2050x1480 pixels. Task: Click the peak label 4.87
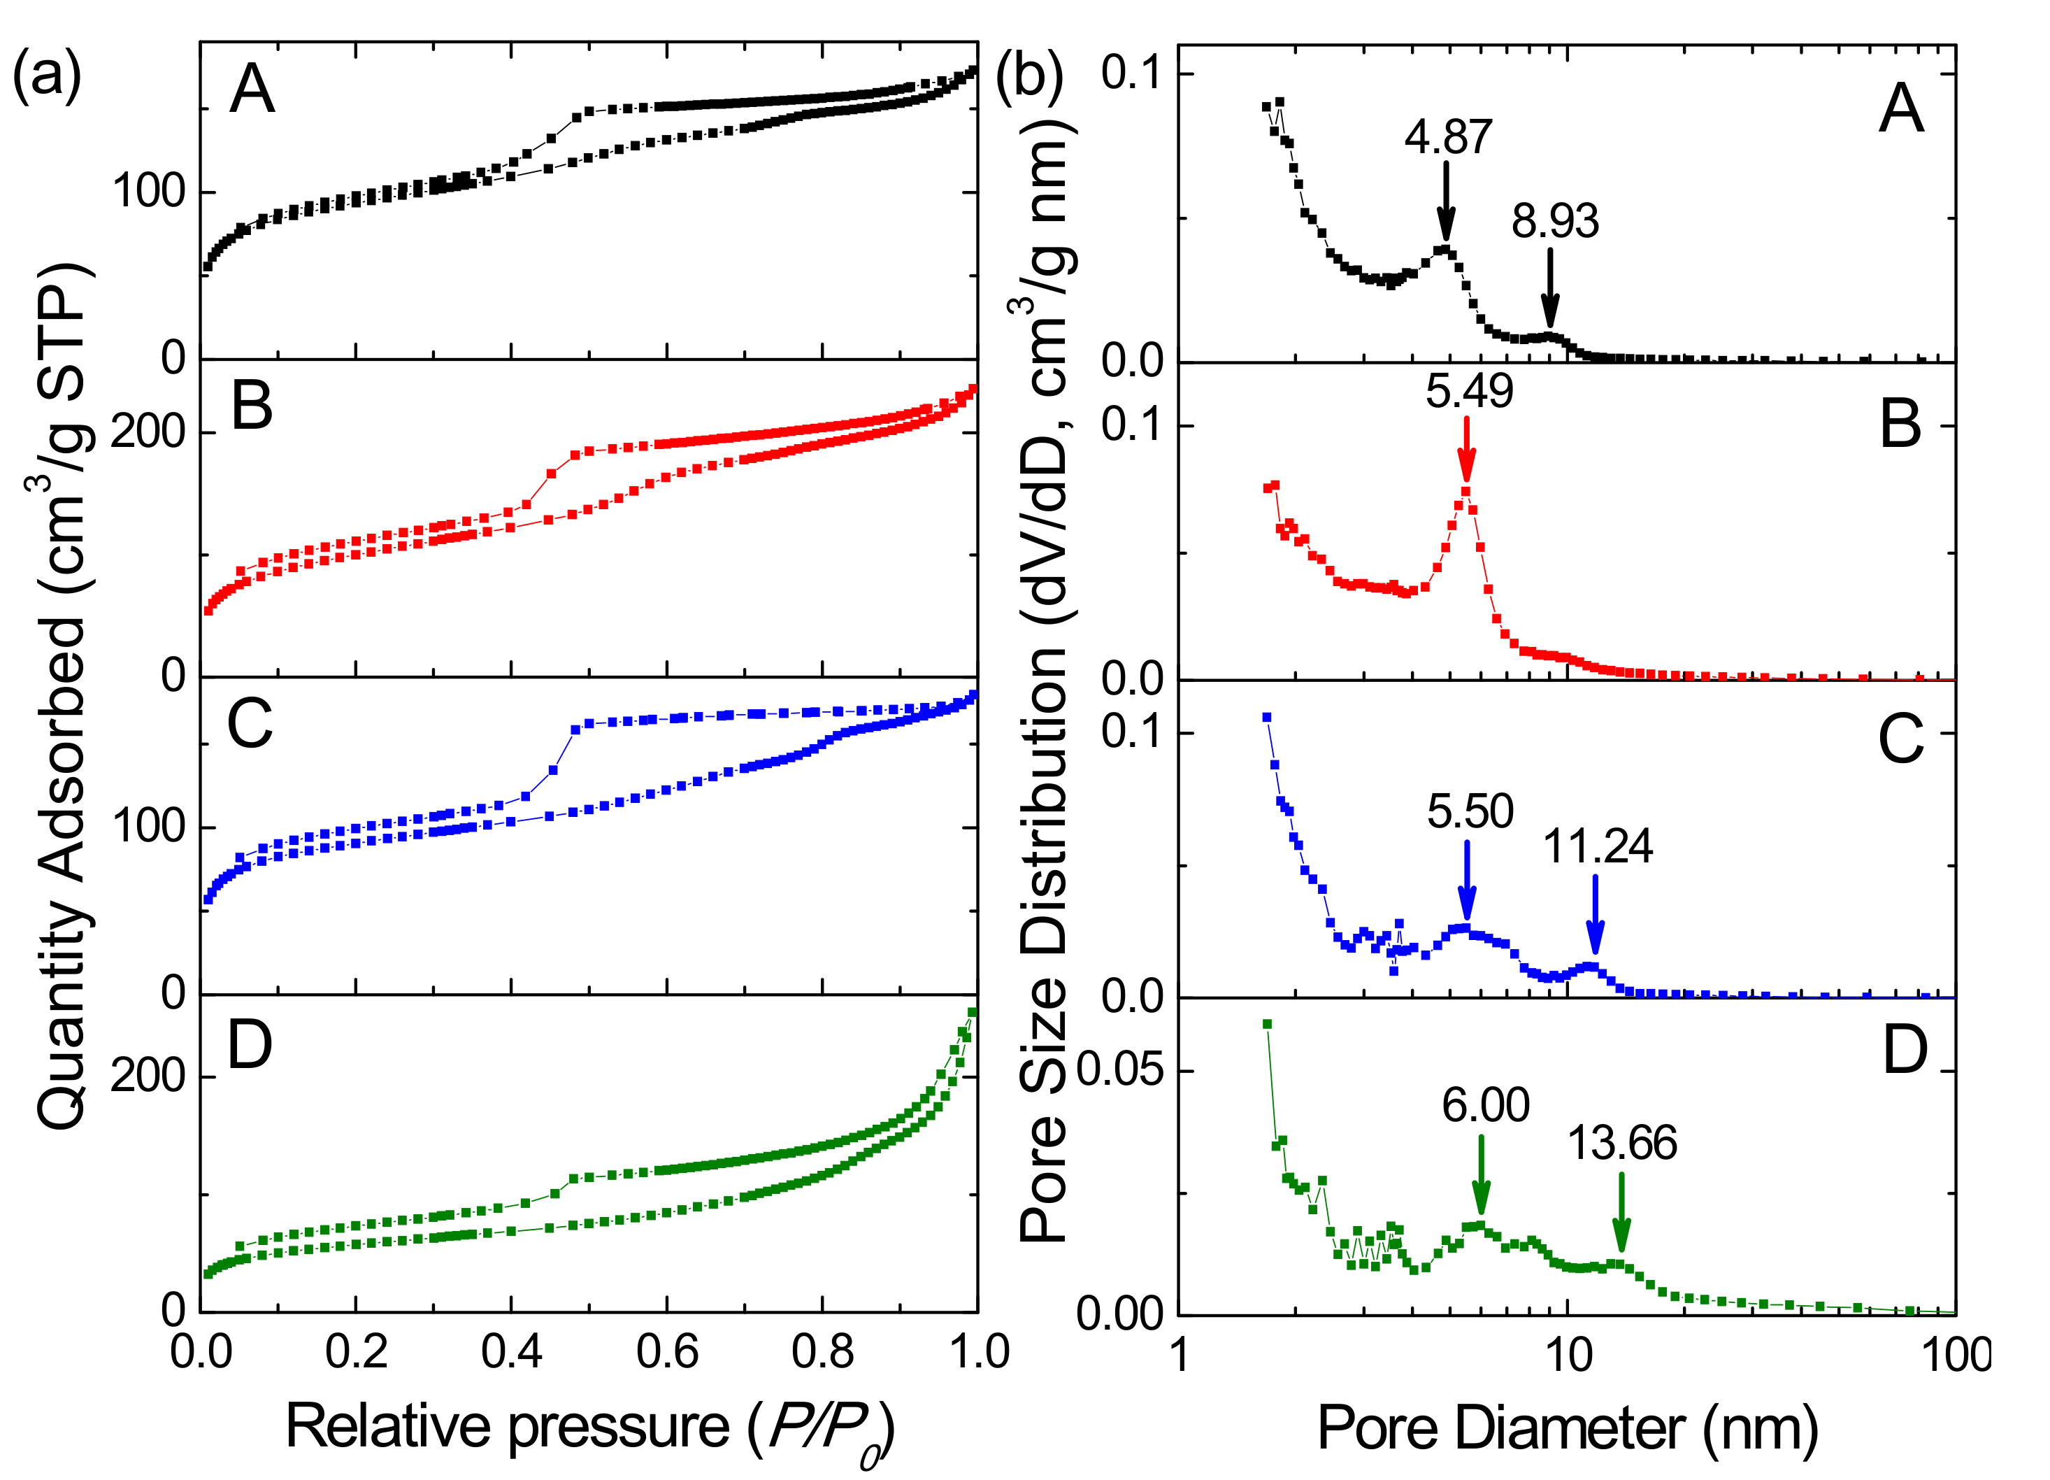click(1447, 137)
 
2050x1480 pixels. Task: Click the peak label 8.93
click(1556, 222)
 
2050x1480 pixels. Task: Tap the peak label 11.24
click(1597, 847)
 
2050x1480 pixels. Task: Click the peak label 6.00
click(1485, 1106)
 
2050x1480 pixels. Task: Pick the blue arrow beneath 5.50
click(1467, 881)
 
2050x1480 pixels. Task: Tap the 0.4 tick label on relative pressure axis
click(512, 1351)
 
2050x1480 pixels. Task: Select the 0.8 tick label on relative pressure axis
click(822, 1351)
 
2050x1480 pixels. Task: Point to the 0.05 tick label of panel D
click(1119, 1069)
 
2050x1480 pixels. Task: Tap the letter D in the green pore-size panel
click(1905, 1050)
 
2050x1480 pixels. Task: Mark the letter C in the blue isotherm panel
click(250, 725)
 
